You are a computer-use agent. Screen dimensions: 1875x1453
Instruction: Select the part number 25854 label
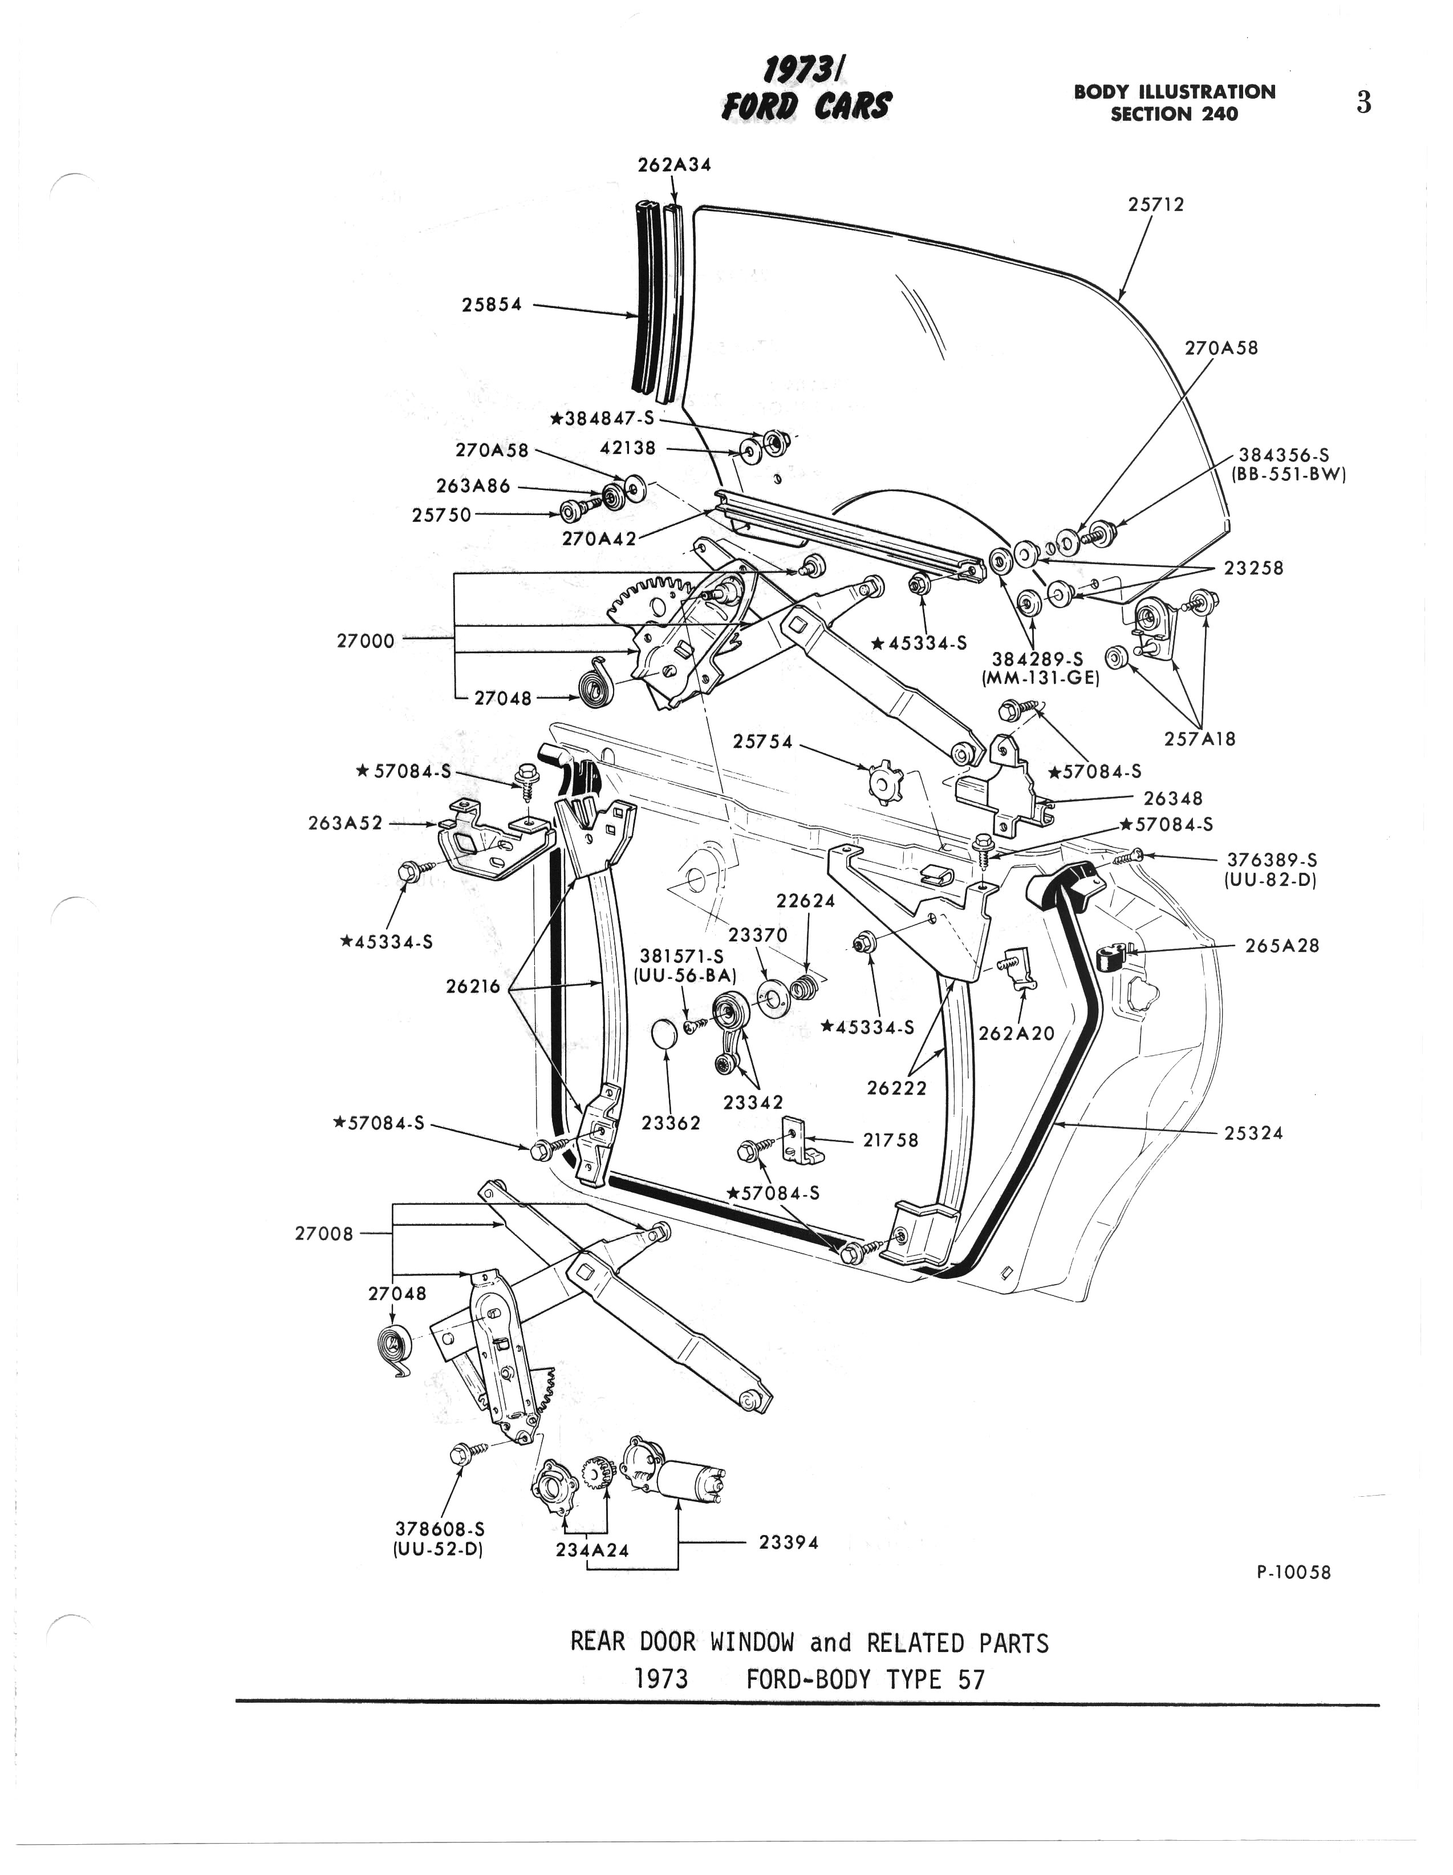[492, 304]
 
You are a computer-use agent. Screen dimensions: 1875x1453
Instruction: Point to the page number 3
[1363, 103]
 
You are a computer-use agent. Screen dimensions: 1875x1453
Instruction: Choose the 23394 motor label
[789, 1543]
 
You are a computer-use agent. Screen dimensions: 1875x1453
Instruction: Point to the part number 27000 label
[366, 641]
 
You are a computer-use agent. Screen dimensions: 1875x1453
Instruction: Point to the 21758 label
[890, 1140]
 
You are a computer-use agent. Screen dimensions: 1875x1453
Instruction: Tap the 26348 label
[1172, 799]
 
